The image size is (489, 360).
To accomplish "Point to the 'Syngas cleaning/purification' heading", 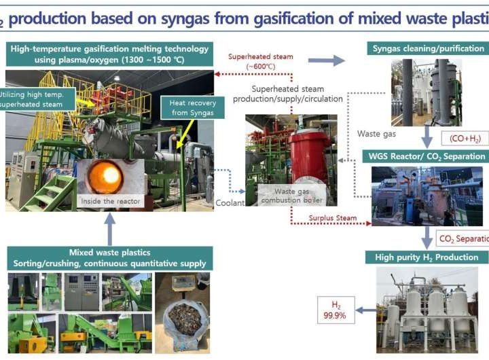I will click(429, 48).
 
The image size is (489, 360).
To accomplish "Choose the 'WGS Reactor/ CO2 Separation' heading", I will click(430, 157).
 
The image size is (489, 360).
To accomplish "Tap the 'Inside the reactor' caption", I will click(111, 201).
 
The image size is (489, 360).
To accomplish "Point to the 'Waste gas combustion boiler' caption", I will click(293, 196).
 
